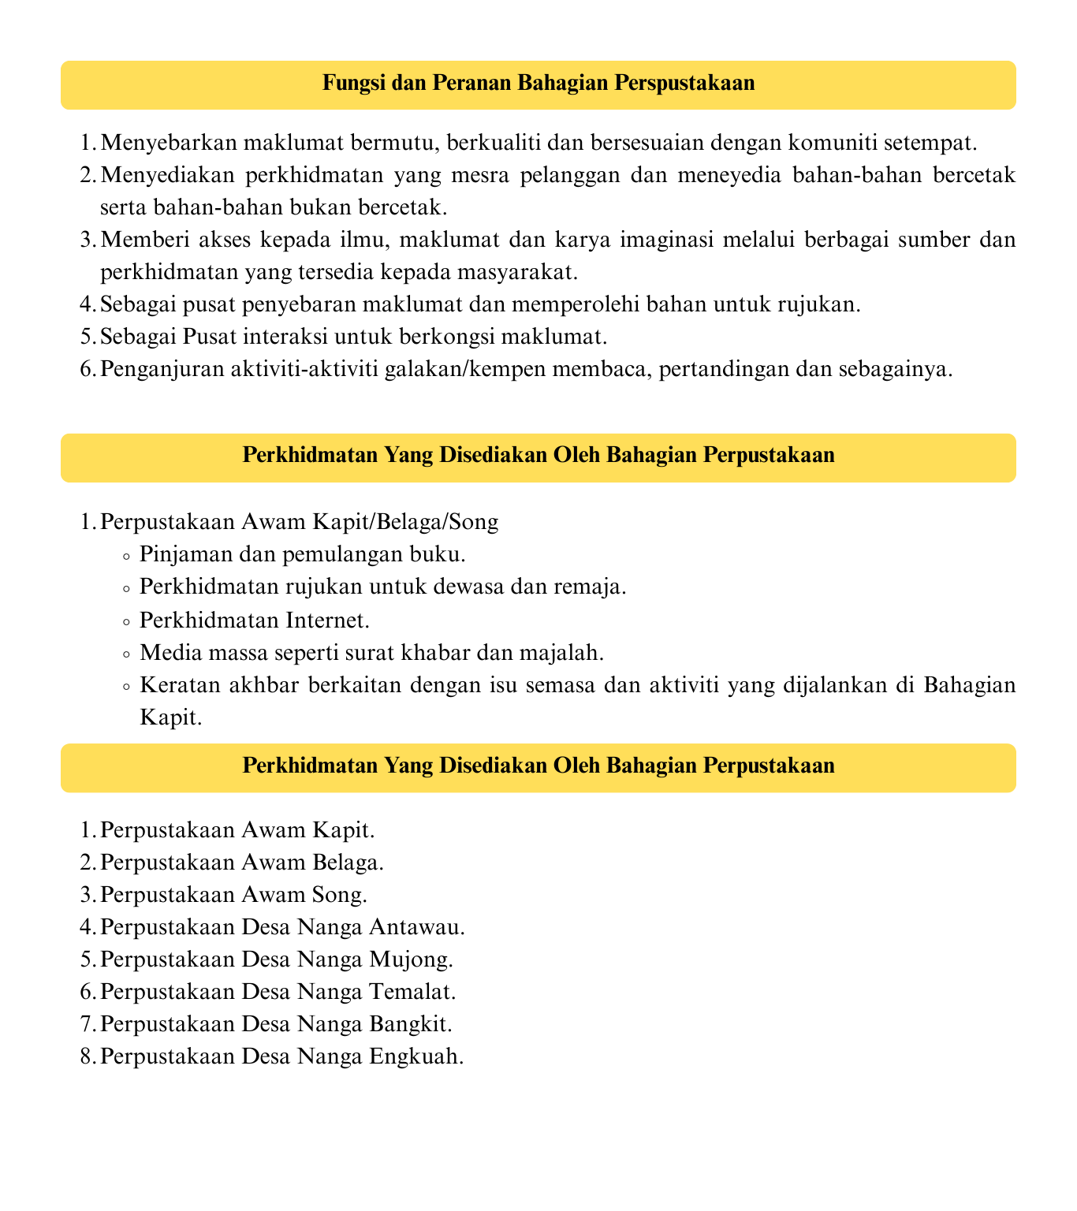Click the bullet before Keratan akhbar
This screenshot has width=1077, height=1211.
click(x=127, y=685)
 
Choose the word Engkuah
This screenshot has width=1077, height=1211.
click(x=416, y=1056)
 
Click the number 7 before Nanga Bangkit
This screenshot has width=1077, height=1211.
click(x=87, y=1023)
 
